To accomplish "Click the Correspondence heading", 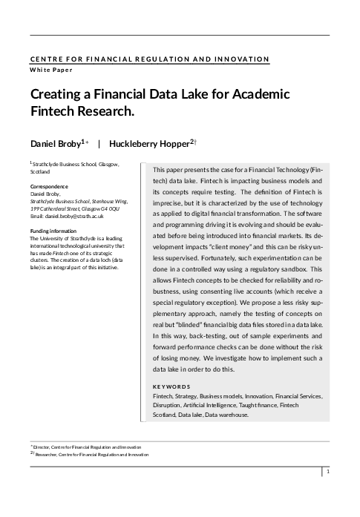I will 49,186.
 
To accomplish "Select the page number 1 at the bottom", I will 327,472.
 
